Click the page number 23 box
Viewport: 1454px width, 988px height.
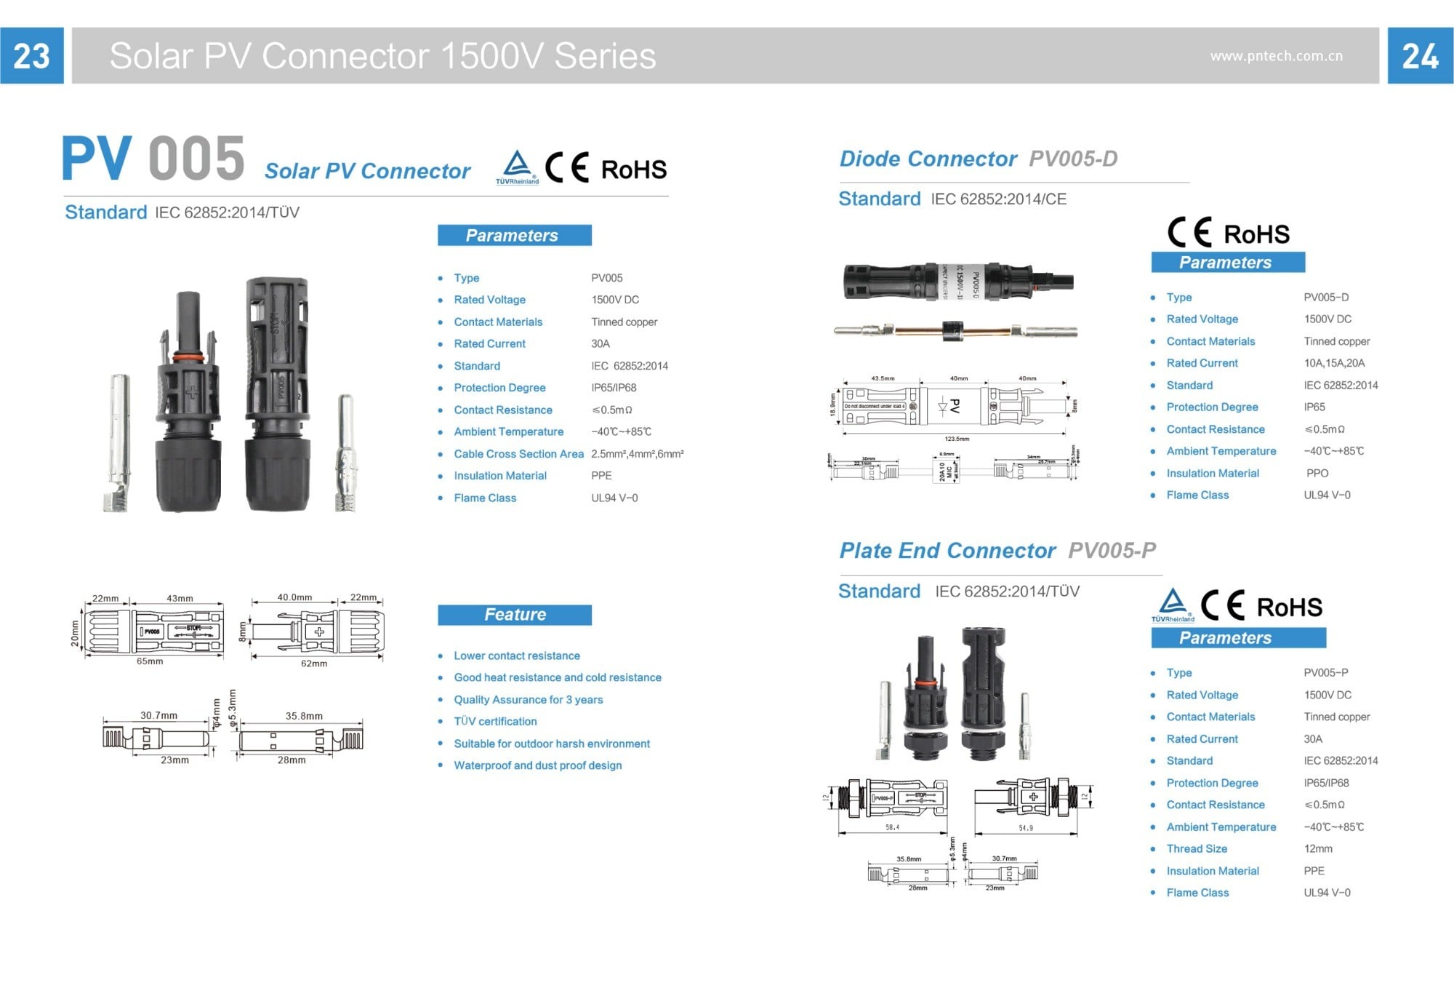(31, 56)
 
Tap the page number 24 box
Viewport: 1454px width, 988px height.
(1420, 56)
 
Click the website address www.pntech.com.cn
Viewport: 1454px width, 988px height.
(1276, 56)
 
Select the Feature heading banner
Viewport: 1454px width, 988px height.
(515, 615)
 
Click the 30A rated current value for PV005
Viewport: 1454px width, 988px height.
(601, 343)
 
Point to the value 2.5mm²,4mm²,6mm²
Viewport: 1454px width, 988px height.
(637, 454)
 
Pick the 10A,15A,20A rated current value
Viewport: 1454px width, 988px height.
(1334, 363)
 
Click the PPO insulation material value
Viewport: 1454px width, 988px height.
(1317, 473)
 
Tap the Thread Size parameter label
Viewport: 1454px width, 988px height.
(1197, 848)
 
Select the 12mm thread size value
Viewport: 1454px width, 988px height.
(1318, 848)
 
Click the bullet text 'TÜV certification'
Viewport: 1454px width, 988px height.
(495, 721)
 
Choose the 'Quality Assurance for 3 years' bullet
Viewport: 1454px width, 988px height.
(529, 699)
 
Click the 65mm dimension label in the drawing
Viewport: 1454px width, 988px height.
(150, 661)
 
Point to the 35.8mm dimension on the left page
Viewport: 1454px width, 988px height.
(304, 716)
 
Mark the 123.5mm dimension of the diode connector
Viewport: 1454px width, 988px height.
(957, 439)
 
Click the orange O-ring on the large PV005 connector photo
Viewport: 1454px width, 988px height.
(188, 357)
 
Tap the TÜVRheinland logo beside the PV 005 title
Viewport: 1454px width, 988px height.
(517, 167)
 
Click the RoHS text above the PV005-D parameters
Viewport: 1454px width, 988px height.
(1256, 234)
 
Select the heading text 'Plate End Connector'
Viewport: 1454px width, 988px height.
(947, 551)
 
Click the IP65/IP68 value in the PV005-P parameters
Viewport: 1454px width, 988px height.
(1326, 783)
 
